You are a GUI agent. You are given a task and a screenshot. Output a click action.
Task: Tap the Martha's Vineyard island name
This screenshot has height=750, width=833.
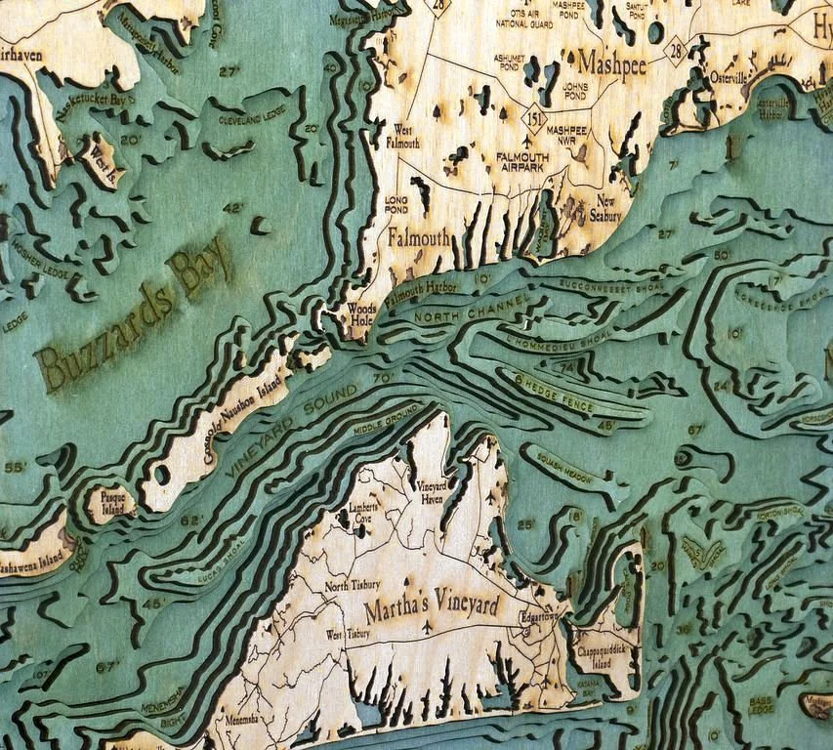tap(432, 607)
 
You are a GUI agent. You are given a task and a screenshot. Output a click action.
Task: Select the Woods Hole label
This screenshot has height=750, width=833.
tap(361, 312)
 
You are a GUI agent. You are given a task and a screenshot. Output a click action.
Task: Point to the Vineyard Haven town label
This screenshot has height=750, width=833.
tap(432, 491)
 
